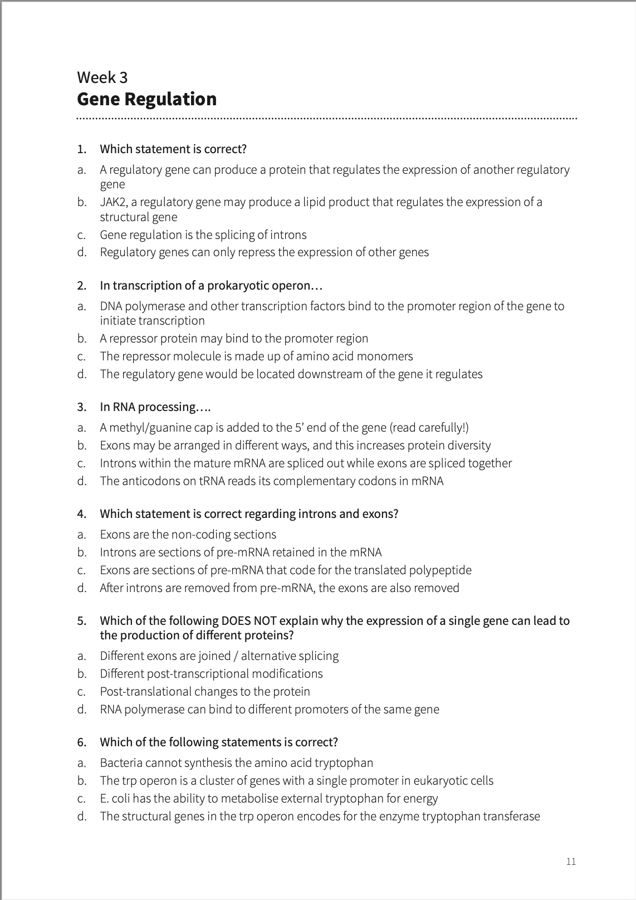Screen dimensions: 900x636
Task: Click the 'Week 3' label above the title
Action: [102, 77]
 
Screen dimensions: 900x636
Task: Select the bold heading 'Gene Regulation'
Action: [146, 99]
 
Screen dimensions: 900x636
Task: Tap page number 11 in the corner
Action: [571, 862]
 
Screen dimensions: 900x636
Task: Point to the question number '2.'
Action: [82, 286]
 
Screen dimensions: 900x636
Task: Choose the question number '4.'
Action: [82, 513]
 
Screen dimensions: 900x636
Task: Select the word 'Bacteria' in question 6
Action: [121, 762]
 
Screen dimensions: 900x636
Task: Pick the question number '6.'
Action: [82, 742]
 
